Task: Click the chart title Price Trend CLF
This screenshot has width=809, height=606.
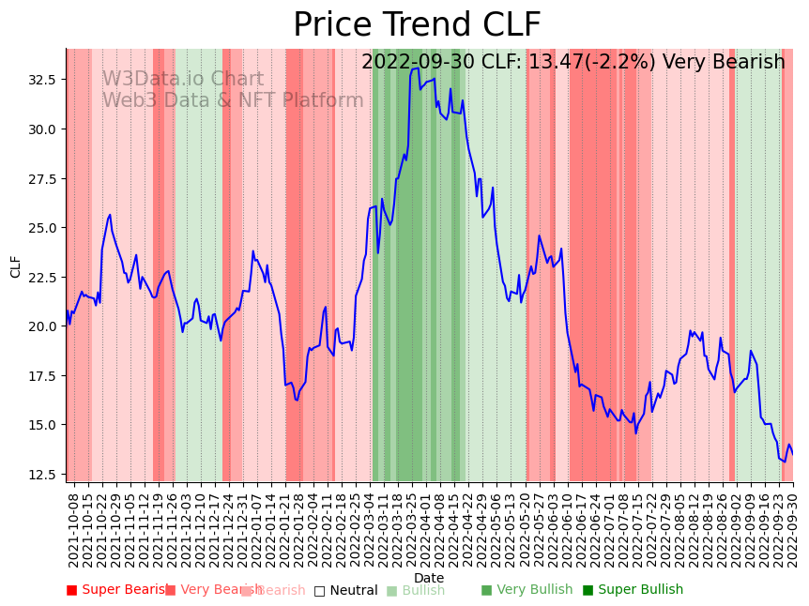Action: click(417, 25)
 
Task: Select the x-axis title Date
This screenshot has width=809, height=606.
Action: click(429, 579)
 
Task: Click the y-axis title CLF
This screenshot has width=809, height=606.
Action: click(16, 266)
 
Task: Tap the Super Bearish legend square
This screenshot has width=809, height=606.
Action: click(71, 590)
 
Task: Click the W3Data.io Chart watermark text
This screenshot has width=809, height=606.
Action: click(183, 80)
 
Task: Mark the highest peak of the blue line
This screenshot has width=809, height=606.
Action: click(416, 68)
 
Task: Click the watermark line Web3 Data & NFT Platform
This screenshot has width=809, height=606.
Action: click(233, 101)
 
